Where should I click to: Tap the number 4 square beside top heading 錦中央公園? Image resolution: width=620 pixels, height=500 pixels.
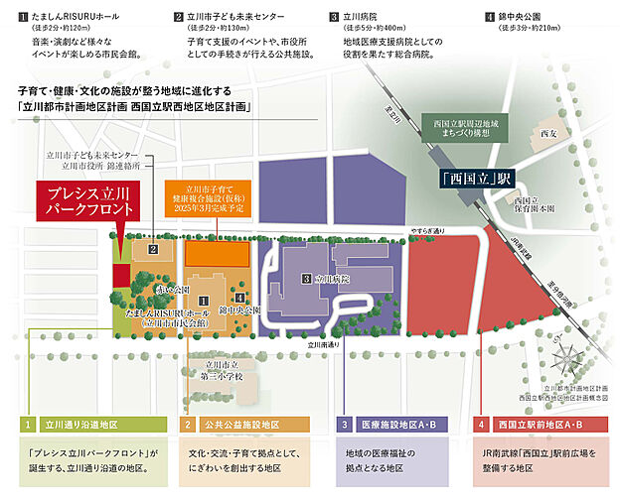(x=490, y=17)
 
